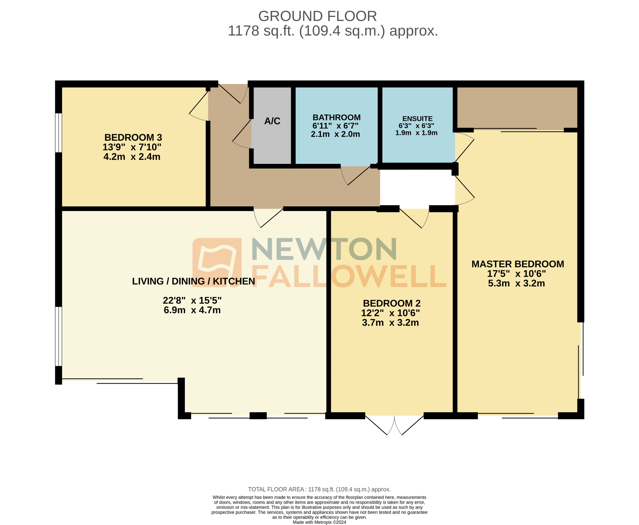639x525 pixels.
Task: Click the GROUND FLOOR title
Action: point(317,16)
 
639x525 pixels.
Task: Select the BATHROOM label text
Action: point(336,117)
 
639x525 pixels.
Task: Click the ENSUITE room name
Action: point(417,119)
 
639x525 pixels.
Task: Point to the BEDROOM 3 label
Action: point(133,137)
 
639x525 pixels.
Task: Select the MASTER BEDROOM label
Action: point(518,264)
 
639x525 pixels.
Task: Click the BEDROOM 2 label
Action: point(392,303)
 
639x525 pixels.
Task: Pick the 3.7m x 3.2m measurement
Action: point(390,323)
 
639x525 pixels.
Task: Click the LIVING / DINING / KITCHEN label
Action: point(194,281)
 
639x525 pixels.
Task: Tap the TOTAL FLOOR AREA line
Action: point(319,489)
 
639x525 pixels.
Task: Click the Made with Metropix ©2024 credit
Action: point(319,522)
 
